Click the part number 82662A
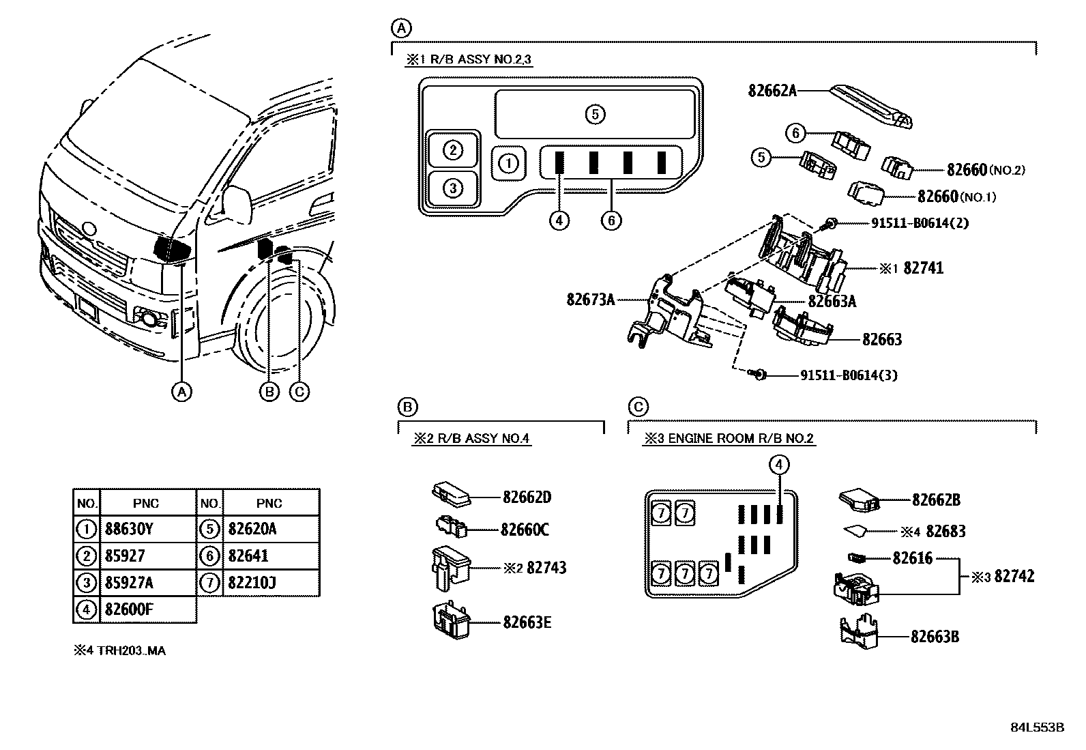772,90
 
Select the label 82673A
591,299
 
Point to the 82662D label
527,497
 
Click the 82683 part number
945,531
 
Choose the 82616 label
912,558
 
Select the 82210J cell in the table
252,583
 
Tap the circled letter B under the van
270,392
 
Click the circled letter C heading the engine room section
637,407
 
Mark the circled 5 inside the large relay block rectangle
595,114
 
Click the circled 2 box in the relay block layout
453,150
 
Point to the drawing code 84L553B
1038,727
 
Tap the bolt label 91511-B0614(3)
849,375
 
